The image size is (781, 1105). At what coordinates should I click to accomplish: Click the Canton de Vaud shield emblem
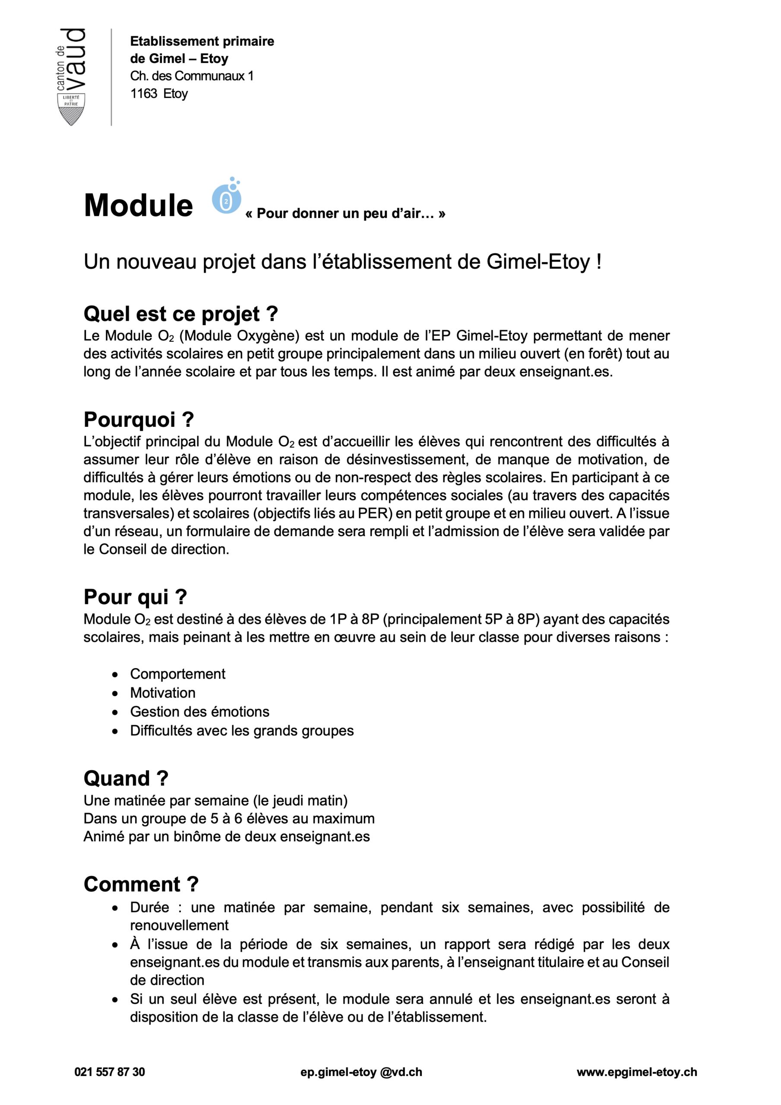(x=71, y=109)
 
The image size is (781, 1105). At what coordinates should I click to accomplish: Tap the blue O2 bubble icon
(x=226, y=198)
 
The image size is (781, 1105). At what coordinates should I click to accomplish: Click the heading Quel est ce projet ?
(x=180, y=314)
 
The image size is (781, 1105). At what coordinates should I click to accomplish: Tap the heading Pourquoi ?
(x=139, y=420)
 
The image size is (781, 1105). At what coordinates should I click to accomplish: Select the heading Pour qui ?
(x=135, y=597)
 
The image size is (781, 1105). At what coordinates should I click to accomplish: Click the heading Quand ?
(x=126, y=778)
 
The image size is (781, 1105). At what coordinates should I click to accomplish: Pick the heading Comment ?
(x=141, y=884)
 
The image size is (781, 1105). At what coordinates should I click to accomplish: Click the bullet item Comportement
(x=178, y=674)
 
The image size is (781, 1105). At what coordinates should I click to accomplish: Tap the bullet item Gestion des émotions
(x=200, y=711)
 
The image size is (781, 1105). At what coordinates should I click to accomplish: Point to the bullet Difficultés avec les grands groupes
(x=242, y=731)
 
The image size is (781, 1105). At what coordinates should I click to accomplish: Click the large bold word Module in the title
(x=139, y=205)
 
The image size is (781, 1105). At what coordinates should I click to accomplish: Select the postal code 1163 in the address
(x=143, y=93)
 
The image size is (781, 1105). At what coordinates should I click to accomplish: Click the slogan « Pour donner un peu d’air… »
(x=345, y=214)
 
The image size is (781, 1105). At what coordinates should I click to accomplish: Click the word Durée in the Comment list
(x=149, y=908)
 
